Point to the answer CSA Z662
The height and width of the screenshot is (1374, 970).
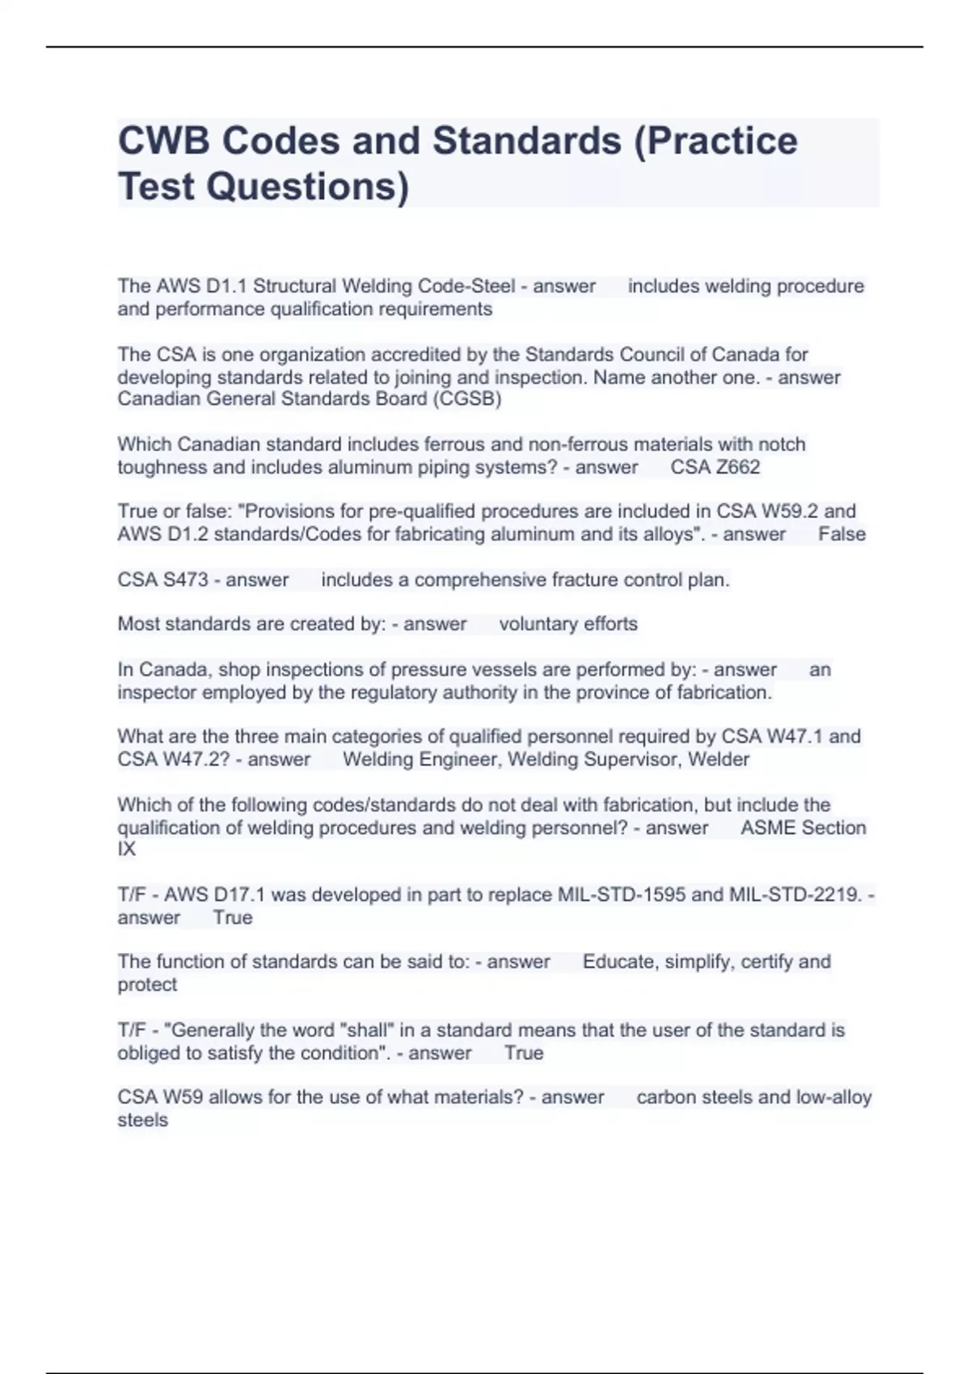pos(715,467)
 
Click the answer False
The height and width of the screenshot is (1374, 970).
pos(841,534)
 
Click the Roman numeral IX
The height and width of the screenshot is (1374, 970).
pos(127,849)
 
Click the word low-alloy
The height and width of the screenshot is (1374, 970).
pos(833,1098)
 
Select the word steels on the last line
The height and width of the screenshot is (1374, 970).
pos(143,1120)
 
